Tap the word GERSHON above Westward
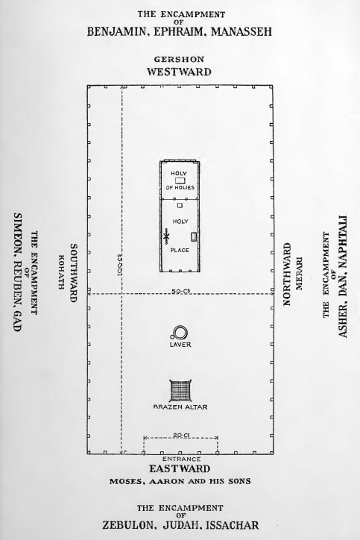coord(179,59)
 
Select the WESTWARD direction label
coord(179,72)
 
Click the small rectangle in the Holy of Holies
coord(180,180)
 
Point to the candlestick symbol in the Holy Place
coord(166,236)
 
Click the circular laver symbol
coord(180,333)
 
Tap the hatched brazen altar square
coord(180,390)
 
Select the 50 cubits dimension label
coord(181,292)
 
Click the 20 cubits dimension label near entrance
coord(181,436)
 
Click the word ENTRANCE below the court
coord(181,459)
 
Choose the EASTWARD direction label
coord(180,468)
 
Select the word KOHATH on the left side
coord(62,272)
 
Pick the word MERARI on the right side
coord(299,274)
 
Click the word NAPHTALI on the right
coord(342,242)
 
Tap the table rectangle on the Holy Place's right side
coord(194,236)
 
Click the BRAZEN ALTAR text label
coord(180,407)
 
